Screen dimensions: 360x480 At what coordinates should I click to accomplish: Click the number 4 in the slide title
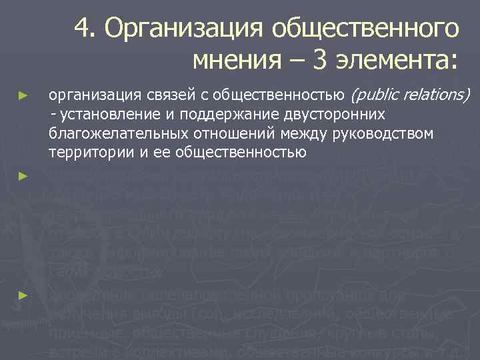point(83,29)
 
